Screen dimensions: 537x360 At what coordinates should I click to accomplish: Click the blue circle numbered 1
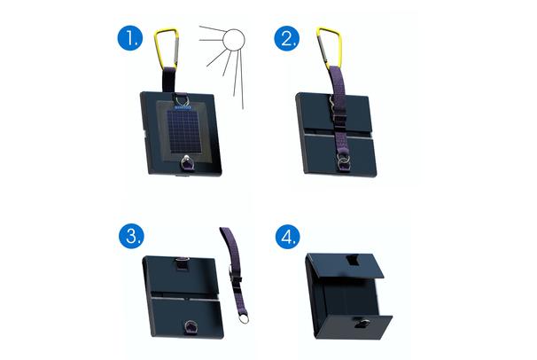(x=130, y=38)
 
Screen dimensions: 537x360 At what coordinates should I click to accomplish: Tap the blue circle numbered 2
(x=287, y=38)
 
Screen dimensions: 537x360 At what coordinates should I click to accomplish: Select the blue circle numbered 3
(x=131, y=236)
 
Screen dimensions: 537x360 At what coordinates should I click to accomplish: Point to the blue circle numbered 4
(x=288, y=236)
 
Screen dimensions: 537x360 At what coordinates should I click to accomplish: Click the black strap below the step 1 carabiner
(x=169, y=81)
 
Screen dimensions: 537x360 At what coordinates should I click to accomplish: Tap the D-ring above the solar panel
(x=182, y=101)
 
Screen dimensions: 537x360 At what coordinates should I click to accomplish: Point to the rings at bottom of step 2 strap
(x=342, y=160)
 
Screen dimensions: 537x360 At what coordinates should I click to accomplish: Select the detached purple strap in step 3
(x=235, y=270)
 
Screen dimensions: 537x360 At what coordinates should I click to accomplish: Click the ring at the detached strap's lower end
(x=244, y=318)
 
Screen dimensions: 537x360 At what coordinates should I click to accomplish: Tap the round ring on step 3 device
(x=190, y=325)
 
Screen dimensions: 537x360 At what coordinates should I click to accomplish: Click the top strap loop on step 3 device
(x=183, y=262)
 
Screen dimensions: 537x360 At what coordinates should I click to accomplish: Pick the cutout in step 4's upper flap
(x=353, y=261)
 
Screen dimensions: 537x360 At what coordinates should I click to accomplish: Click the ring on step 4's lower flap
(x=362, y=323)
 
